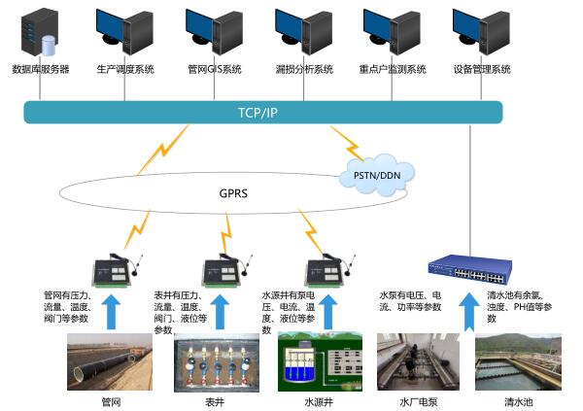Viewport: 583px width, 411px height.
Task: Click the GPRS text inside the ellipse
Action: [233, 193]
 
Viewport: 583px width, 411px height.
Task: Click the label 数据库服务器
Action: [40, 70]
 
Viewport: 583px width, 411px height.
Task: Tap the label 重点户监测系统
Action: [394, 70]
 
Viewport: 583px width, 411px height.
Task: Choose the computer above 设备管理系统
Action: [482, 32]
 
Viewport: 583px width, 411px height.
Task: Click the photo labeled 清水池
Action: [518, 361]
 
